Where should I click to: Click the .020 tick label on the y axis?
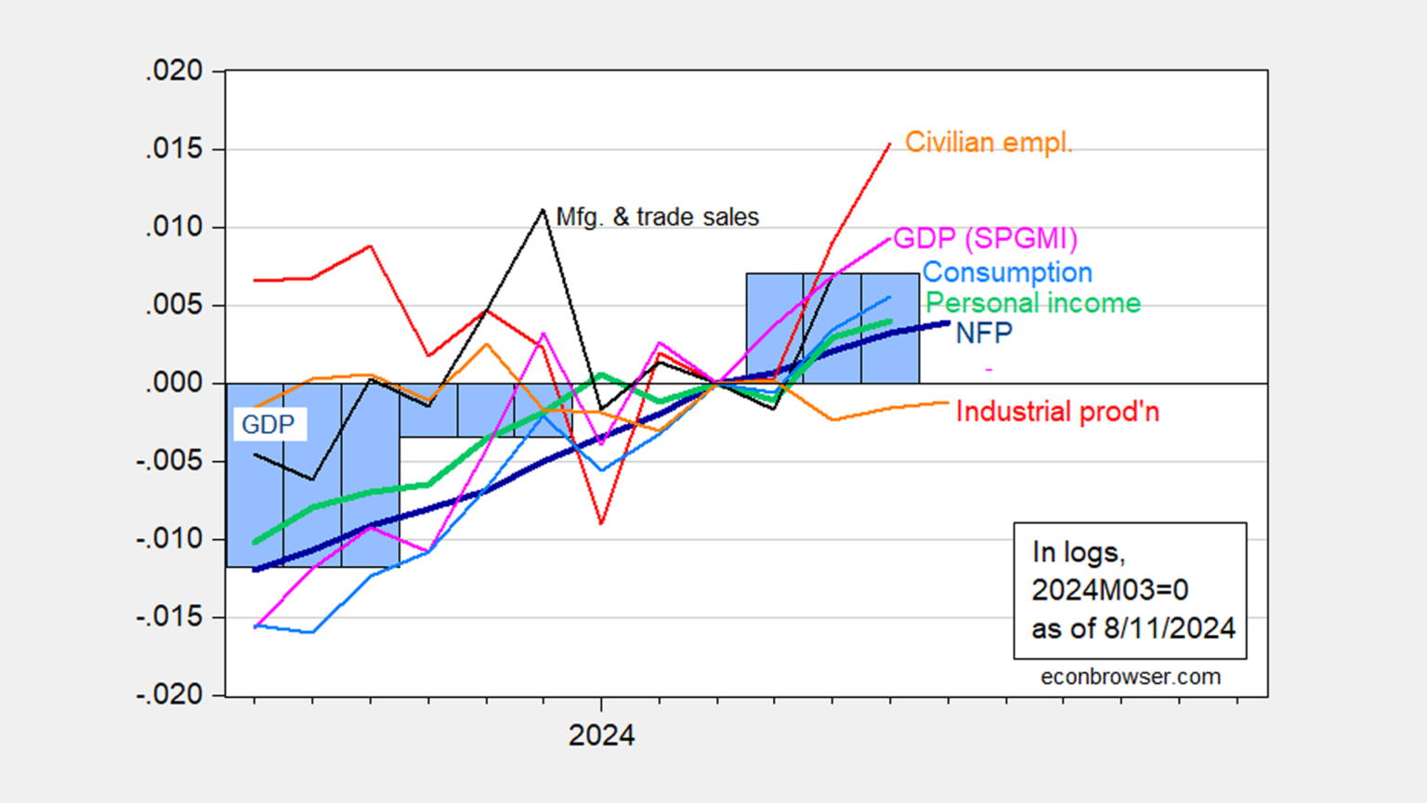click(174, 72)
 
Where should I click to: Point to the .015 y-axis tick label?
click(174, 150)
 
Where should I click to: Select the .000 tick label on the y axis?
click(174, 383)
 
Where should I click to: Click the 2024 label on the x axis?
click(601, 735)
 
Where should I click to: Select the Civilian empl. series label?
click(988, 142)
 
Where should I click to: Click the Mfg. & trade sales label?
click(657, 217)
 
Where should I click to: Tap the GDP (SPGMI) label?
click(985, 239)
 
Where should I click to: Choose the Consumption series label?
click(1007, 272)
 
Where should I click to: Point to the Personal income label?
click(1033, 303)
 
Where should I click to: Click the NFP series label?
click(984, 333)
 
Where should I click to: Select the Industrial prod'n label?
click(1057, 412)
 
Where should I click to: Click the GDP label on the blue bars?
click(268, 425)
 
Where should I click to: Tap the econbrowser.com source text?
click(1130, 677)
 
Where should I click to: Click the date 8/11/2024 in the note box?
click(1169, 628)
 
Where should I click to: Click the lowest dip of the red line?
click(602, 524)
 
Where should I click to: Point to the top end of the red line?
click(890, 144)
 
